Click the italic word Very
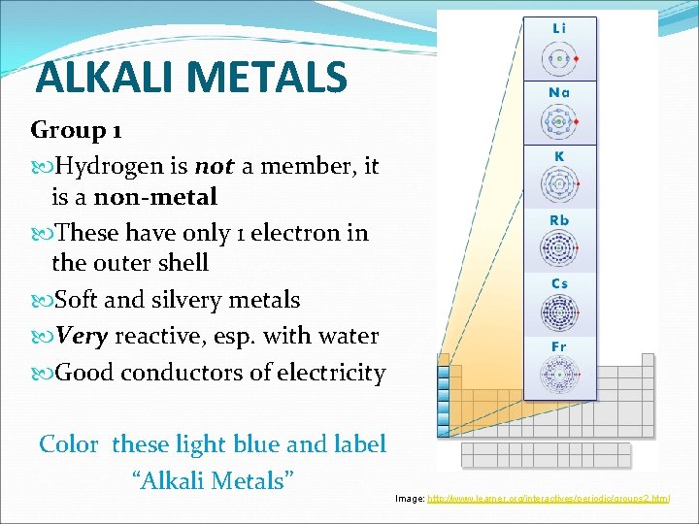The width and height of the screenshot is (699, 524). click(83, 336)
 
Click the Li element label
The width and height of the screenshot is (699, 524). click(559, 29)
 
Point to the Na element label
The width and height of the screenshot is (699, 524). click(559, 92)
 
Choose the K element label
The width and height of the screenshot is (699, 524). click(559, 156)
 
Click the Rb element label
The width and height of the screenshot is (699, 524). click(559, 220)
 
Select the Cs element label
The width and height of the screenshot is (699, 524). click(559, 283)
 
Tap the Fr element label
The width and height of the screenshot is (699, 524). click(559, 346)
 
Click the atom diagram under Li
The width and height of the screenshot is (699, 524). click(558, 59)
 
